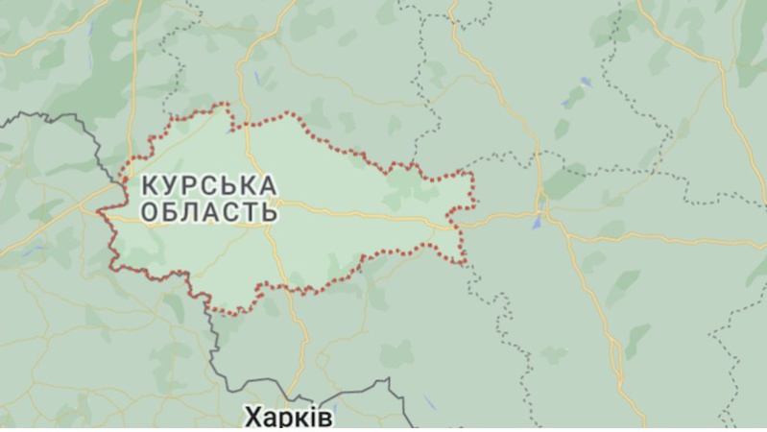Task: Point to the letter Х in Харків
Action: click(x=252, y=418)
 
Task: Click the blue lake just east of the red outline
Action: click(x=537, y=221)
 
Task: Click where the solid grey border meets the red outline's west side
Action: click(x=126, y=177)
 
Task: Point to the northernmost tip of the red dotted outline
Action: click(x=227, y=105)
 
